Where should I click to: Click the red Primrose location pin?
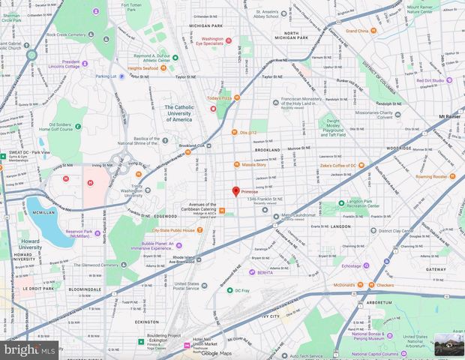[x=235, y=191]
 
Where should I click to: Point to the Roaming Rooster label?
[x=432, y=176]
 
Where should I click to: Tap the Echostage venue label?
[x=352, y=265]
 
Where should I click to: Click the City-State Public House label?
[x=174, y=231]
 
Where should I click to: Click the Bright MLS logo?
[x=29, y=349]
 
